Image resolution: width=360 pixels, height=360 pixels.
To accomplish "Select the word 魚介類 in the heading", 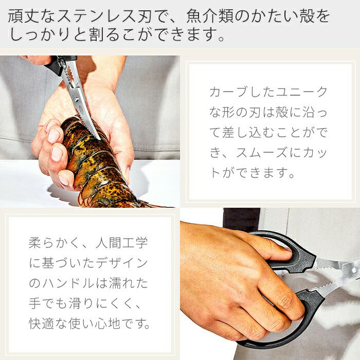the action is pyautogui.click(x=209, y=16).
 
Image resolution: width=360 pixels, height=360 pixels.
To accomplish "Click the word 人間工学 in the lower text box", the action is pyautogui.click(x=122, y=243).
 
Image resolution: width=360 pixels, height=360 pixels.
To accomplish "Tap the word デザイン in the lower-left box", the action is pyautogui.click(x=122, y=263).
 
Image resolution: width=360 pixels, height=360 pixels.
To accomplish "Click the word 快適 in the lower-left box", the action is pyautogui.click(x=42, y=323).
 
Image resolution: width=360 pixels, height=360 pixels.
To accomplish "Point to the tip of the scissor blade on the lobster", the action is pyautogui.click(x=100, y=139).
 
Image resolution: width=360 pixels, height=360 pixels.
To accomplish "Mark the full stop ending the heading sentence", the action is pyautogui.click(x=221, y=38).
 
